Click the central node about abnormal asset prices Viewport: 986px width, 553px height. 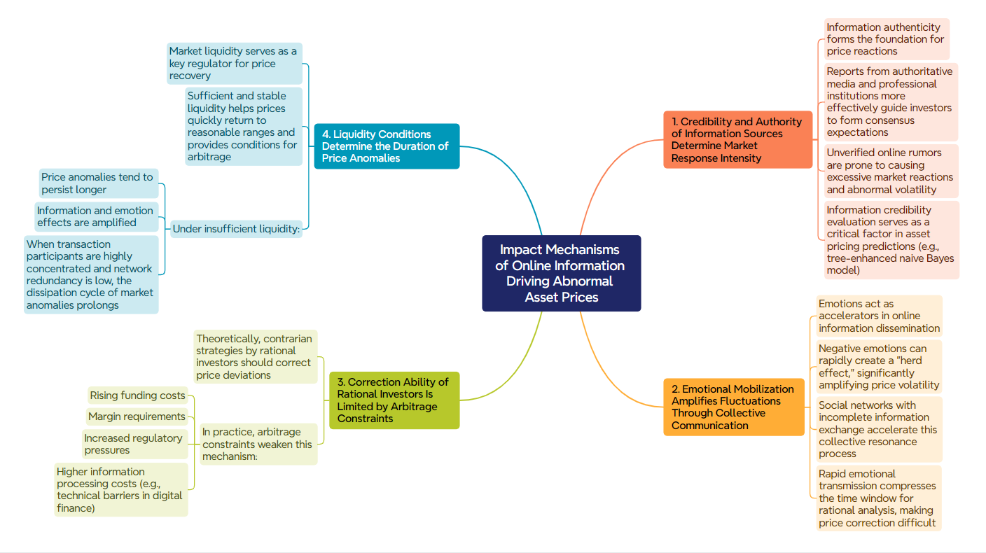[561, 273]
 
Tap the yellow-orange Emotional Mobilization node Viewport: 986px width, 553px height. [733, 407]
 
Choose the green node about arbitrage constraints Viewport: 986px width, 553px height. [394, 400]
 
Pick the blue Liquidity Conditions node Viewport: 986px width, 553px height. [387, 146]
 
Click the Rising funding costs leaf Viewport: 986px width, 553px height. [137, 395]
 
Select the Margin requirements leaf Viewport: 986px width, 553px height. [137, 416]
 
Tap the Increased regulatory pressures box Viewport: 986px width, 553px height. [134, 444]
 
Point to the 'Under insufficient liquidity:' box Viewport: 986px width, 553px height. [236, 229]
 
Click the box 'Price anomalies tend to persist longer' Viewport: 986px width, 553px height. [97, 183]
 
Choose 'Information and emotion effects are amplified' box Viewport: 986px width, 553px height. [96, 216]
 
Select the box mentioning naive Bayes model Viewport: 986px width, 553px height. [891, 239]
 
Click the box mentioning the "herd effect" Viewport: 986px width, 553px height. [879, 367]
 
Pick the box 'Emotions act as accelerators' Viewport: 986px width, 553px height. [879, 316]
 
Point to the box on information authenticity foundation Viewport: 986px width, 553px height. [886, 39]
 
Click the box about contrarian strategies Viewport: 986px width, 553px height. [254, 356]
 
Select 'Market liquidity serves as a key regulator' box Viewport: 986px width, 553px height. [234, 63]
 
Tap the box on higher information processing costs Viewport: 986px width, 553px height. [120, 489]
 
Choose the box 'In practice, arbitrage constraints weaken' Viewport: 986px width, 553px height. [258, 444]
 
